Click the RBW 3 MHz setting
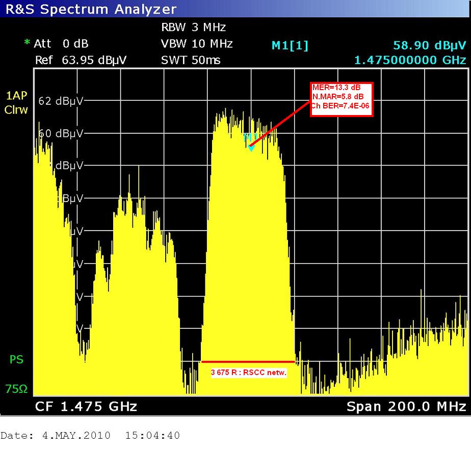click(x=193, y=27)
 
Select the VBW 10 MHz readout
click(x=197, y=44)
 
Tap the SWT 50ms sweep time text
click(x=191, y=60)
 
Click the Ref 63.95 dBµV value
click(x=81, y=60)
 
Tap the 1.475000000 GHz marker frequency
click(x=410, y=60)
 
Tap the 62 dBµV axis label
click(x=61, y=101)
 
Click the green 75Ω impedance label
click(x=16, y=389)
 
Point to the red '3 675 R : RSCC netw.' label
click(x=249, y=373)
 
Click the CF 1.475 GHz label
click(x=86, y=407)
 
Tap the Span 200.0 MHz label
click(x=406, y=407)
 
